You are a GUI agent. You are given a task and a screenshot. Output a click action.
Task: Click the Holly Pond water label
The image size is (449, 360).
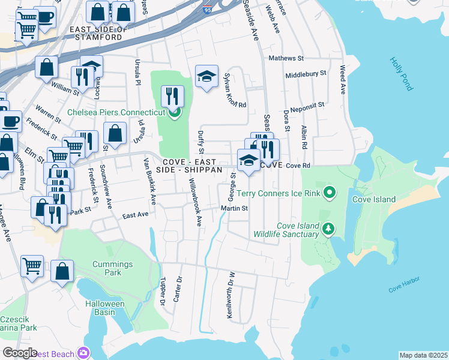click(401, 74)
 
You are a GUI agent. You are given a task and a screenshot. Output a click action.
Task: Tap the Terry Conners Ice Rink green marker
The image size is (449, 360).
click(328, 193)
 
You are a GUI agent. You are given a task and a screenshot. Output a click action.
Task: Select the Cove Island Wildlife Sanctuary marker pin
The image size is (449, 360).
click(328, 228)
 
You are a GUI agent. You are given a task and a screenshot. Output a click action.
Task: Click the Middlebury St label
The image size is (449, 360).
click(306, 74)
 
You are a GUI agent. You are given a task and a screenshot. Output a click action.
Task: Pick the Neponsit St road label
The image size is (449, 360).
click(307, 104)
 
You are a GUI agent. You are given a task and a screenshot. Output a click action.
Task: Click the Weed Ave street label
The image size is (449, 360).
click(343, 80)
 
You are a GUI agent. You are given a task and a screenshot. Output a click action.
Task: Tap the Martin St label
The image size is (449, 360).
click(234, 209)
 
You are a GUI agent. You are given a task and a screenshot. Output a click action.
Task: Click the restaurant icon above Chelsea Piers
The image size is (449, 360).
click(172, 95)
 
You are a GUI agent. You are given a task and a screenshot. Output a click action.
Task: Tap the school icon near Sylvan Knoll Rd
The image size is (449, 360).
click(206, 76)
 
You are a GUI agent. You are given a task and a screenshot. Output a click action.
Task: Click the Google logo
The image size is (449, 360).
click(20, 353)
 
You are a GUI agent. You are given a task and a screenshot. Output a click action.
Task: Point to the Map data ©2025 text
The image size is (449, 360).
click(423, 355)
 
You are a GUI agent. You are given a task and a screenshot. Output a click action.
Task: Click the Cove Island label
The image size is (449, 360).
click(374, 199)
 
